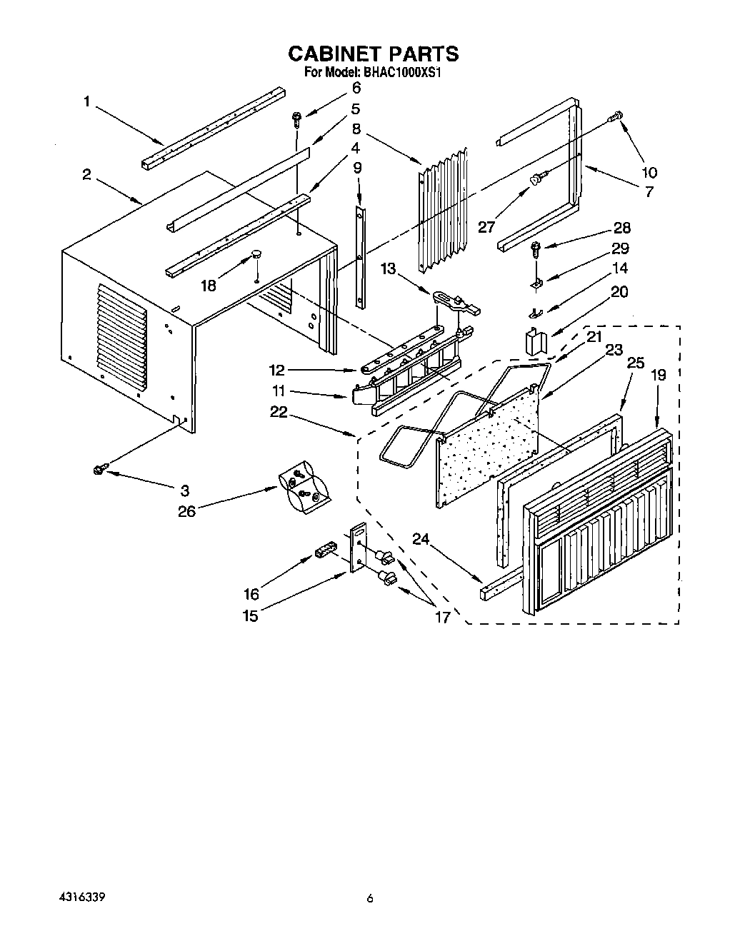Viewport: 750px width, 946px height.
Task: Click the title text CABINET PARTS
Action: (x=373, y=54)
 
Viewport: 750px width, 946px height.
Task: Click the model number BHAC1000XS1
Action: (x=400, y=72)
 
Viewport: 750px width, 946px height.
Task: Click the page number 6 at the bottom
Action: (x=370, y=898)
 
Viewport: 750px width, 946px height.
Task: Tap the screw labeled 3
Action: (x=99, y=468)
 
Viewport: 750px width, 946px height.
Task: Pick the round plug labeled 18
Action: (x=256, y=255)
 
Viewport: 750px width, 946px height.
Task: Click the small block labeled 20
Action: (x=534, y=341)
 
